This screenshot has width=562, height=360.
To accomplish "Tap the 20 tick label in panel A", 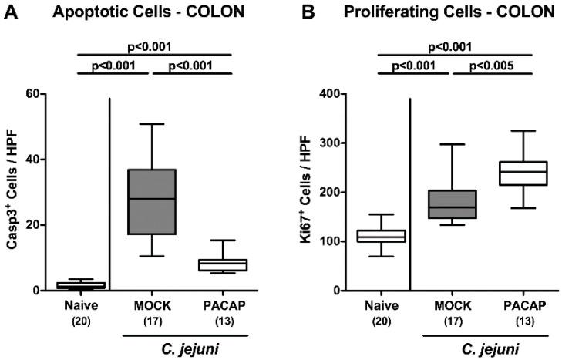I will (34, 225).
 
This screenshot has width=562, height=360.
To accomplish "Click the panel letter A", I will (11, 12).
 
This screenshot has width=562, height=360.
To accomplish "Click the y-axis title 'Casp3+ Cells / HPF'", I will (12, 193).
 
